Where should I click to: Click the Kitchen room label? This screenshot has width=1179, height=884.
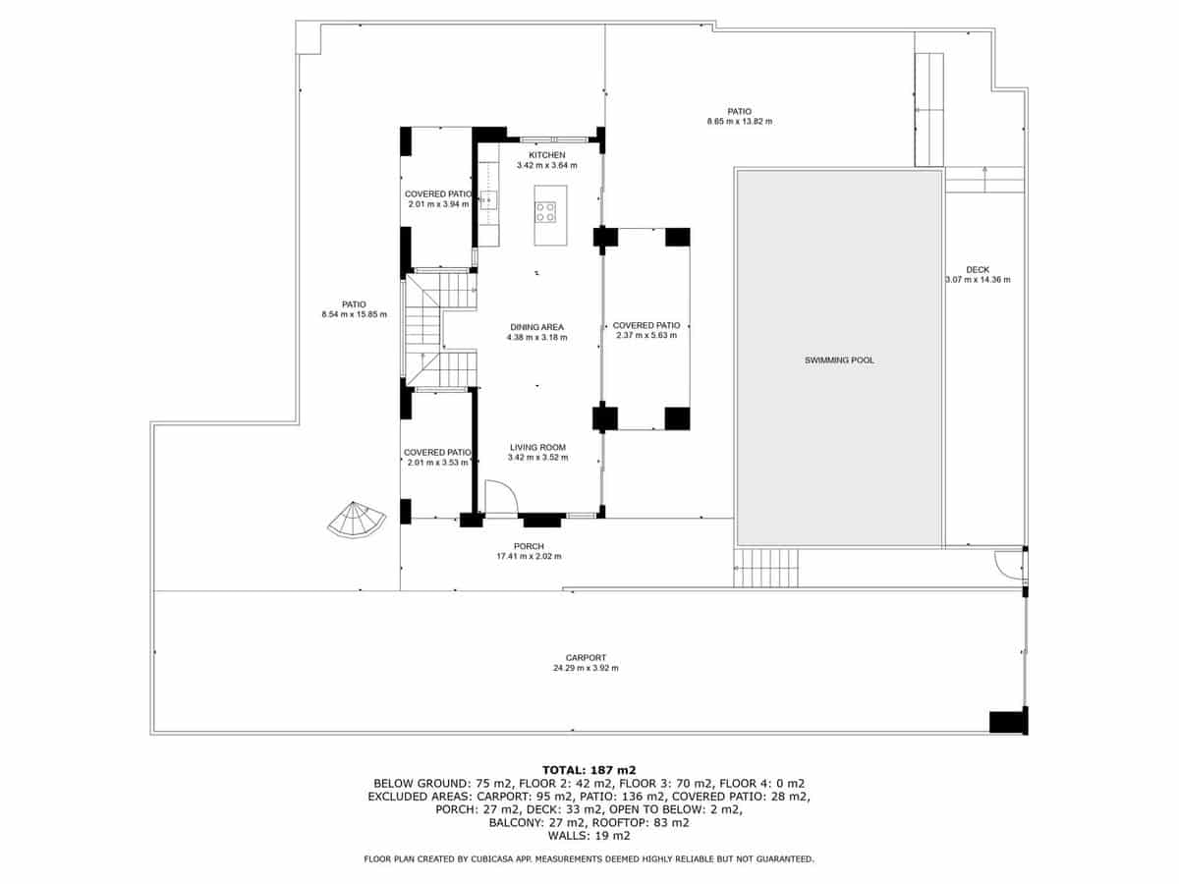pos(547,155)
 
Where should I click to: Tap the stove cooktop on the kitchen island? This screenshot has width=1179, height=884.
pos(545,211)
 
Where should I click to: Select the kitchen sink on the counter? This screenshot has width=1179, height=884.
pos(488,200)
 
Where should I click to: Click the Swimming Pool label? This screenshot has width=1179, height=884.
pos(839,360)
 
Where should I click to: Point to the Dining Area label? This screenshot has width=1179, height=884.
pos(536,327)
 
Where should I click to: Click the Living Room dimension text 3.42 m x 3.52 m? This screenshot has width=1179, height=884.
pos(537,457)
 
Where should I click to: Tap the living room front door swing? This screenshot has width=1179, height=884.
pos(501,497)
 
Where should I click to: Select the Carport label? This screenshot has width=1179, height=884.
pos(586,658)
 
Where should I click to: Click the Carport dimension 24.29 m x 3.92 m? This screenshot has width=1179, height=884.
pos(586,668)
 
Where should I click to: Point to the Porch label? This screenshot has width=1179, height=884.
pos(529,546)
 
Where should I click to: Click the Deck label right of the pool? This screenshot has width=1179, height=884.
pos(977,270)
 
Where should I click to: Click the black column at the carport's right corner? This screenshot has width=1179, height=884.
pos(1007,721)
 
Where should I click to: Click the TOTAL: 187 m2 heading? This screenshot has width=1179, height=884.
pos(589,769)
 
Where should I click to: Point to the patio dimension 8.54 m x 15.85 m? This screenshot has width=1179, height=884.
pos(354,314)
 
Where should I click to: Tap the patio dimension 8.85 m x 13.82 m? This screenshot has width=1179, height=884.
pos(740,122)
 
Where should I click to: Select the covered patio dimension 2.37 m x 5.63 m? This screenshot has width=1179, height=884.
pos(646,335)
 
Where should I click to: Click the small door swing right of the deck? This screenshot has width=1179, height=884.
pos(1008,564)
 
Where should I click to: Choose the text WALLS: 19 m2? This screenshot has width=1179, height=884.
pos(589,836)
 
